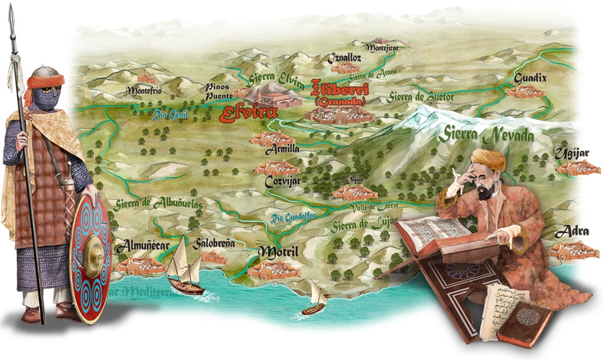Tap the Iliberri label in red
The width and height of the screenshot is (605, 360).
(x=340, y=89)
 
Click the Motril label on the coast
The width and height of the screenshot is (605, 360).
(x=278, y=252)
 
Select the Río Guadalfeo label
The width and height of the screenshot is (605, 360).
(x=294, y=217)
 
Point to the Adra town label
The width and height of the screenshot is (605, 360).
(x=571, y=231)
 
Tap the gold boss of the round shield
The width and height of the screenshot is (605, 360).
(x=93, y=256)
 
